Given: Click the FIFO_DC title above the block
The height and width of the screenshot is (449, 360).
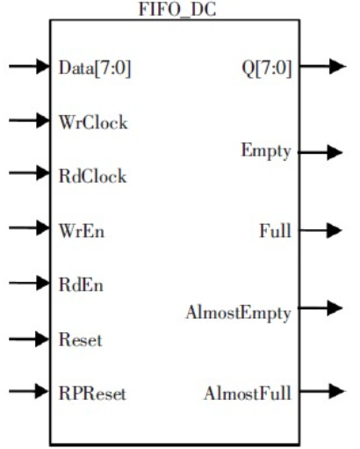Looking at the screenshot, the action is click(x=177, y=10).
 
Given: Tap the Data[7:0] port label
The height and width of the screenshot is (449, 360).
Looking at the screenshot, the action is click(x=95, y=68).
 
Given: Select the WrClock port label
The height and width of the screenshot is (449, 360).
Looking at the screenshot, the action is click(x=93, y=122).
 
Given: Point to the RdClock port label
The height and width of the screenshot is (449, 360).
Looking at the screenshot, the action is click(x=93, y=177).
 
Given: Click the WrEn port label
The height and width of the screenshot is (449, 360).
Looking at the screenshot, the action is click(x=82, y=231).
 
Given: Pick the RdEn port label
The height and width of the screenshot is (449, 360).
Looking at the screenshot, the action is click(x=81, y=285).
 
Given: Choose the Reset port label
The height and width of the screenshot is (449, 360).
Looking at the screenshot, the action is click(x=81, y=340).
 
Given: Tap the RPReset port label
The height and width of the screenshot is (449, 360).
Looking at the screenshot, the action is click(x=92, y=394).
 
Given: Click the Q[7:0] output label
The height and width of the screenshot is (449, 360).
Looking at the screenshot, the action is click(x=267, y=69).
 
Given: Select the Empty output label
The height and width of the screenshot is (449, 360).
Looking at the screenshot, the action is click(x=266, y=152).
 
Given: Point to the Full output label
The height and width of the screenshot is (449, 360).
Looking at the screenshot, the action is click(x=276, y=231).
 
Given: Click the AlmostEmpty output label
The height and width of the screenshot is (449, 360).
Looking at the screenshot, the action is click(x=238, y=314).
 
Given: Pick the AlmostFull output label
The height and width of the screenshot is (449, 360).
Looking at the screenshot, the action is click(x=248, y=393).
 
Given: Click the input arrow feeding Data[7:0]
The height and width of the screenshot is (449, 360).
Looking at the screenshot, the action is click(x=29, y=66).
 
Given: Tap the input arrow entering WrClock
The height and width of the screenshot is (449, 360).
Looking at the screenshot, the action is click(x=29, y=120).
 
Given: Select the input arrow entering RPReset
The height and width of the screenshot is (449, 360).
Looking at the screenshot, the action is click(x=29, y=391).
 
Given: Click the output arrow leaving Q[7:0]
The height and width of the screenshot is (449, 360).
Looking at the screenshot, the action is click(x=323, y=66).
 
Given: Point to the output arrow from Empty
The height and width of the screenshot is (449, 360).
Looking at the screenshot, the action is click(x=320, y=152).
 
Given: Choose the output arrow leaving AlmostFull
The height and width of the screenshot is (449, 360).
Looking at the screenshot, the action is click(x=322, y=391).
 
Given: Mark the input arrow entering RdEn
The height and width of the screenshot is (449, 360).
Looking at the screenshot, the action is click(x=29, y=283).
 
